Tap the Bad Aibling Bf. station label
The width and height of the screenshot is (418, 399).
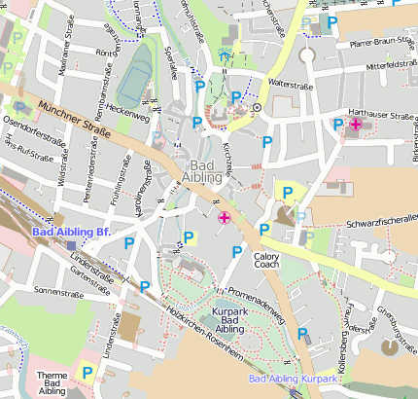(70, 233)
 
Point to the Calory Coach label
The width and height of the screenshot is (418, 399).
(266, 260)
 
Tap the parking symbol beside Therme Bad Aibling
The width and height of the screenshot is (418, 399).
(87, 371)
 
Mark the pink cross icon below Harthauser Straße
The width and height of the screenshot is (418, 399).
(357, 125)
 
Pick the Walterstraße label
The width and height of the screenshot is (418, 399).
(293, 84)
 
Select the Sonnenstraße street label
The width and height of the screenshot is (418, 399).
(55, 290)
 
